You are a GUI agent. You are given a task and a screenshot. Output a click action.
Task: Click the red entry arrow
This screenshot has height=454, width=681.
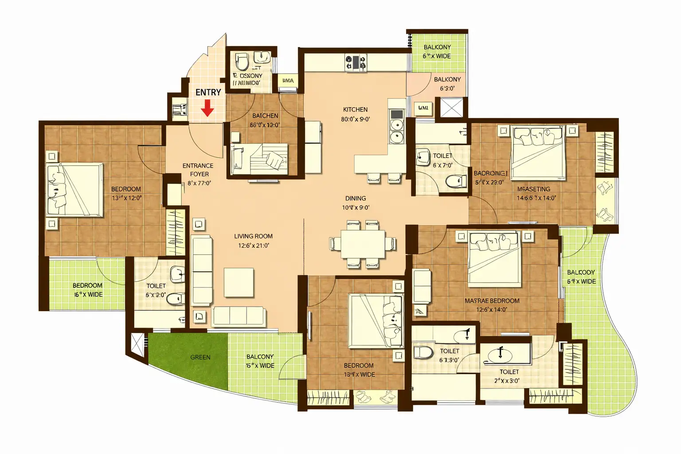click(207, 108)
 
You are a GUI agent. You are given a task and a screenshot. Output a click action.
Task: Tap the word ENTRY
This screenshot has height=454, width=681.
click(208, 92)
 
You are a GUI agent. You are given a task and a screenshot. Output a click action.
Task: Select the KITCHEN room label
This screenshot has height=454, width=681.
click(355, 110)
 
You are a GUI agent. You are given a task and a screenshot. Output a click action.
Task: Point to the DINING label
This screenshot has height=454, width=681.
click(356, 198)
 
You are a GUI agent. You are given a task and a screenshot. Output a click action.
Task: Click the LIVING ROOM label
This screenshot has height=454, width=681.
click(253, 236)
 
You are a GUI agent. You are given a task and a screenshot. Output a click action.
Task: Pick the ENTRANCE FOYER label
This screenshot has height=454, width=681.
click(198, 170)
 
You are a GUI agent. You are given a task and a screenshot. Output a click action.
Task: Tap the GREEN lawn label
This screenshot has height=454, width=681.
click(200, 357)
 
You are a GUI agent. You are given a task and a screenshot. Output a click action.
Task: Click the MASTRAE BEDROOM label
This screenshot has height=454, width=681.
click(492, 301)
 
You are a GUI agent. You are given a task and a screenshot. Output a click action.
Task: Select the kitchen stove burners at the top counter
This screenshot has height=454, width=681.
click(356, 62)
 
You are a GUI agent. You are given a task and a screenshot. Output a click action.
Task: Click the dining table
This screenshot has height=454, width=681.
click(363, 244)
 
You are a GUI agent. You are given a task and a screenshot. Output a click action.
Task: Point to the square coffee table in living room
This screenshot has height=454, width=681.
click(239, 282)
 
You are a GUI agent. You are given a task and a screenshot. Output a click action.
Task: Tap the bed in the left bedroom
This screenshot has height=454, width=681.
click(75, 190)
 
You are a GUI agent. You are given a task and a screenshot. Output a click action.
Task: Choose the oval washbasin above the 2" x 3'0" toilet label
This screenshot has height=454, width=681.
click(500, 355)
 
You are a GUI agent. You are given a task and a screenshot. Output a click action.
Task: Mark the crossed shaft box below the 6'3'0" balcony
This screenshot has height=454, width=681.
click(451, 107)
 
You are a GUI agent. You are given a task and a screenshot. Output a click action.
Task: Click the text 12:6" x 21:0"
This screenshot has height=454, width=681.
click(254, 246)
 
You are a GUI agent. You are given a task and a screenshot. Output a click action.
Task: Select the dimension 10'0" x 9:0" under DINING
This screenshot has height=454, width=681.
click(356, 207)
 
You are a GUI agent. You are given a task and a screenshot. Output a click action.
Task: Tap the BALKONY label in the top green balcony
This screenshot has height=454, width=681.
click(437, 47)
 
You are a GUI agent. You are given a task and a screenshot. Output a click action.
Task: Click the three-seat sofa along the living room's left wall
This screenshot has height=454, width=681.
click(203, 270)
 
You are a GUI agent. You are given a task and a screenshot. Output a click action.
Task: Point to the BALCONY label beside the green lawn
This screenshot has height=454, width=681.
click(260, 356)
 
